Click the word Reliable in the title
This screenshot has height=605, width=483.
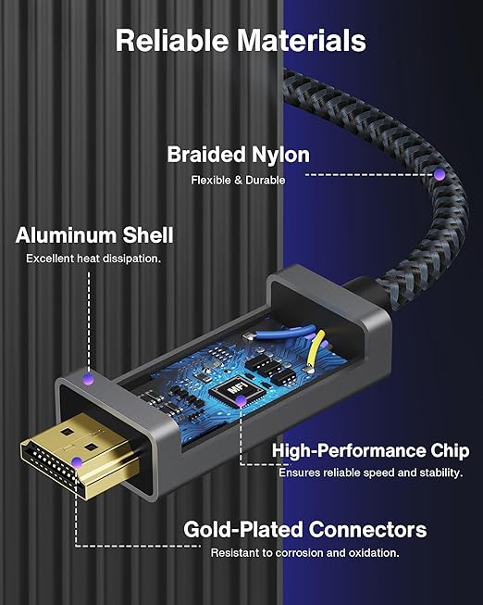172,41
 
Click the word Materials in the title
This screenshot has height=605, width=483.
301,41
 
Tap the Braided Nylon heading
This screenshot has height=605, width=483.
238,156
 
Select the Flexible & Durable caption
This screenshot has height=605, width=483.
238,180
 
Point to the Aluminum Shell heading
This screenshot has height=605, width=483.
94,235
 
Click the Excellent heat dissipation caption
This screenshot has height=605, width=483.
93,258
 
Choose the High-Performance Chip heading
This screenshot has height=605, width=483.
371,450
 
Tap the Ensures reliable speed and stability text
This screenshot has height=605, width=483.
370,473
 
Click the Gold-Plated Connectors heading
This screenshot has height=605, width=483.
305,529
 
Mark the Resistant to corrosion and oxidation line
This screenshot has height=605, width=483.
304,553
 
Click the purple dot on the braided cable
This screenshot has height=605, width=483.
440,175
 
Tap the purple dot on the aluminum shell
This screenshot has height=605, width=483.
89,379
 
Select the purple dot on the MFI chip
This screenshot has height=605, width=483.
241,401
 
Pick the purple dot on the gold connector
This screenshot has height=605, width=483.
77,462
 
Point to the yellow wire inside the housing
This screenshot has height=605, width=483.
314,350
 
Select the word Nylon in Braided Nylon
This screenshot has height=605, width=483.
280,156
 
